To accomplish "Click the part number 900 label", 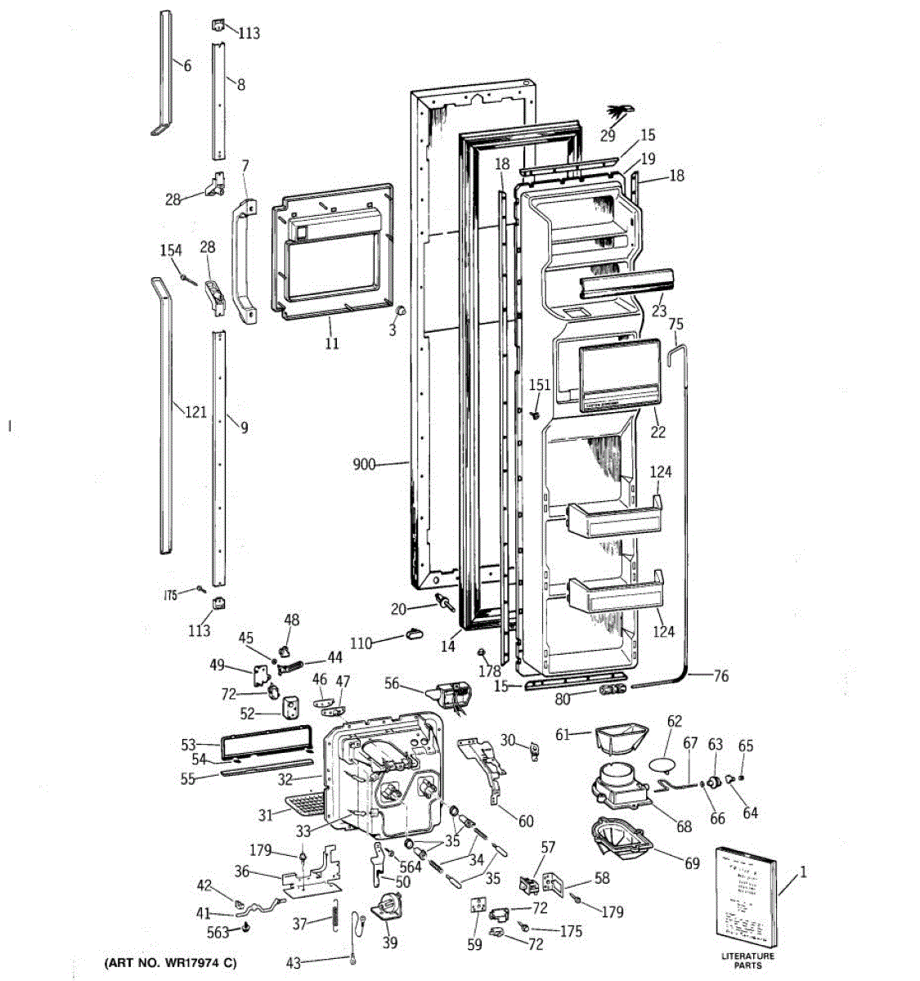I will pos(364,465).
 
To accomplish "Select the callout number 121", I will pos(195,412).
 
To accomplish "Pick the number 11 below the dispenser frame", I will pos(331,343).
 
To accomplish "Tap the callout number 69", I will pos(693,863).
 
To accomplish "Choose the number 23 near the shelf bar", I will pos(659,311).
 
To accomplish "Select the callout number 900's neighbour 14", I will pos(447,646).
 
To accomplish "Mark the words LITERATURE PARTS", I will pos(747,961).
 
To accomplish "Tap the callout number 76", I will pos(720,676).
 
